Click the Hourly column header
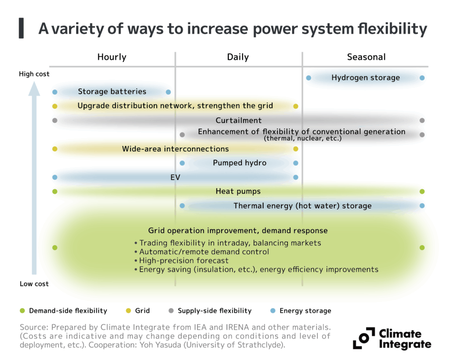point(112,57)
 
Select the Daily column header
point(238,57)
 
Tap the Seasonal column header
point(366,57)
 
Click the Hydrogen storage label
point(365,78)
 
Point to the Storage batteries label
point(112,92)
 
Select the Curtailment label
point(239,120)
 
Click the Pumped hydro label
point(240,163)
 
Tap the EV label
point(175,178)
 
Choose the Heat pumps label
point(238,192)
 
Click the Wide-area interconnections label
point(175,149)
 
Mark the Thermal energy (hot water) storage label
point(302,206)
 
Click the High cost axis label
point(34,74)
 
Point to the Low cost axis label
point(34,284)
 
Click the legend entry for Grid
point(142,311)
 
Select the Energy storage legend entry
point(305,311)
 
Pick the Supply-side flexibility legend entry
point(214,311)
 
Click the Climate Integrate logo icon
point(363,338)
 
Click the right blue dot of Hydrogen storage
point(422,78)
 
